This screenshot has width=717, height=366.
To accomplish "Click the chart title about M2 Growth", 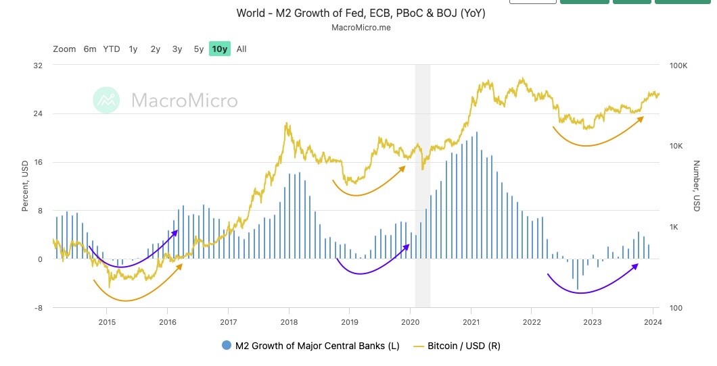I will pos(361,14).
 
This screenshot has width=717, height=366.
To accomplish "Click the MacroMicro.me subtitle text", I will pos(361,28).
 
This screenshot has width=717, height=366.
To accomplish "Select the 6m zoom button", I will pos(90,49).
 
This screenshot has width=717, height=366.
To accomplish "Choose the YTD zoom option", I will pos(112,49).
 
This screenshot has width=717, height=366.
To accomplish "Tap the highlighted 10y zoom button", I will pos(220,49).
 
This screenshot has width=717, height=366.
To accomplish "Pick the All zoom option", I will pos(241,49).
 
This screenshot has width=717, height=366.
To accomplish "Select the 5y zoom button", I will pos(198,49).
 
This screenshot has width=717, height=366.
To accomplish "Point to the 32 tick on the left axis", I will pos(38,66).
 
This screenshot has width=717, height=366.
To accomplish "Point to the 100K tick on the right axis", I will pos(678,66).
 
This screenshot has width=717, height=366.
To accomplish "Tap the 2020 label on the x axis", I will pos(411,321).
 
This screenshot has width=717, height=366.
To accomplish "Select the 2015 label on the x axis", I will pos(107,321).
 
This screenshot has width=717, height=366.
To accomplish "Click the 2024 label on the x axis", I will pos(653,321).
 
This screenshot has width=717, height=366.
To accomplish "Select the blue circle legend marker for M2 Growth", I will pos(227,346).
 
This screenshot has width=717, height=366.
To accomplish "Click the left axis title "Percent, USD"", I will pos(25,186).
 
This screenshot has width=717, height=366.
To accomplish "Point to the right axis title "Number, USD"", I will pos(696,186).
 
